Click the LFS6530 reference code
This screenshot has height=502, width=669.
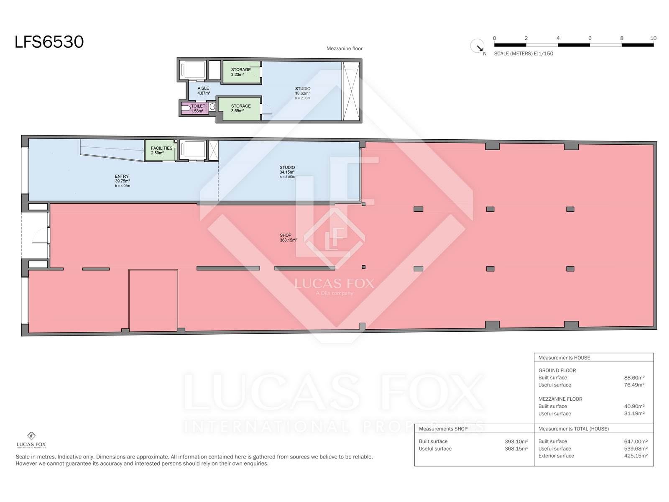[x=49, y=42]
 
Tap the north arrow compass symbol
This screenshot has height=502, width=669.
[x=477, y=46]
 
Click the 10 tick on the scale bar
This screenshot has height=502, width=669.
[x=653, y=38]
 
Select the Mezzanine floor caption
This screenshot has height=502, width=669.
[x=345, y=49]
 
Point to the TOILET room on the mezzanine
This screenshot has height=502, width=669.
[x=194, y=108]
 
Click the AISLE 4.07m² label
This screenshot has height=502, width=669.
[x=203, y=91]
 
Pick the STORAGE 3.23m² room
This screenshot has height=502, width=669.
[x=241, y=72]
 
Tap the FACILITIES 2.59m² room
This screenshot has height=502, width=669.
[x=160, y=151]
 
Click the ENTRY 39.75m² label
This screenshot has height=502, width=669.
[x=122, y=179]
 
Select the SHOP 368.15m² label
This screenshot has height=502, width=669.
[x=288, y=238]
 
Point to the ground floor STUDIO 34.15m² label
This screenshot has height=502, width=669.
[x=287, y=170]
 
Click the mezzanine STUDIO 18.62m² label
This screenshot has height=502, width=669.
[x=302, y=91]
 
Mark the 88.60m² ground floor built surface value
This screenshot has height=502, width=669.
[x=634, y=378]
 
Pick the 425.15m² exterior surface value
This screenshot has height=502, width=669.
[x=636, y=456]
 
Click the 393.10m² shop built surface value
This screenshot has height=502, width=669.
[x=516, y=441]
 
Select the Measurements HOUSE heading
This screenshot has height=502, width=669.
[x=564, y=358]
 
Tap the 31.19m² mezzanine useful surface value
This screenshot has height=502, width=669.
[x=634, y=414]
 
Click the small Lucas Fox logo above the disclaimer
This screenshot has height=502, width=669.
[x=31, y=440]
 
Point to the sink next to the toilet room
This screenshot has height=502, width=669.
[x=212, y=106]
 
